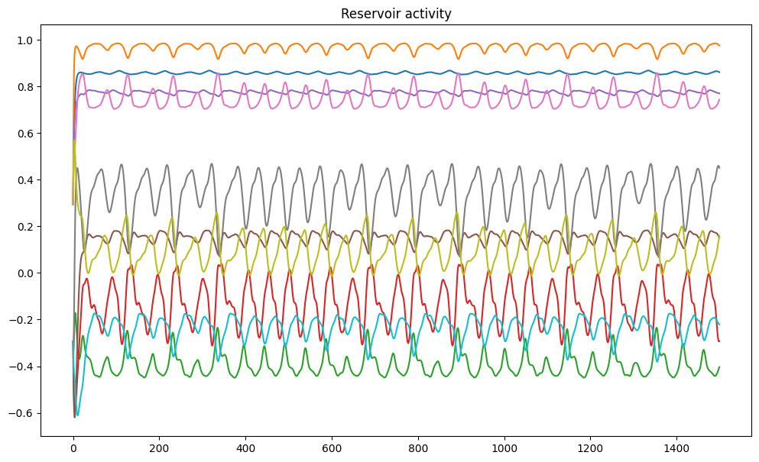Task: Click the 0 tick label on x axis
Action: tap(73, 447)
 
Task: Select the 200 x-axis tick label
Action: tap(159, 447)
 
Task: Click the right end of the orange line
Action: tap(719, 46)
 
